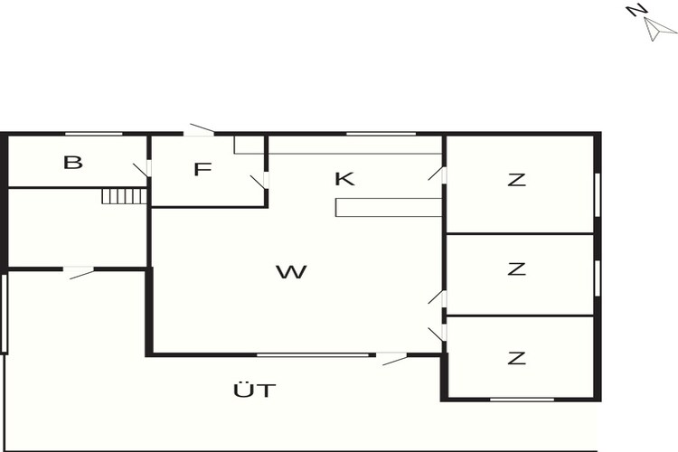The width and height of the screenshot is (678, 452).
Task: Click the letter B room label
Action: [x=73, y=163]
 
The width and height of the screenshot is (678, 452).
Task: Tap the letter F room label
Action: [x=202, y=169]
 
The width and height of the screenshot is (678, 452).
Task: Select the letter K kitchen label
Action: [x=344, y=179]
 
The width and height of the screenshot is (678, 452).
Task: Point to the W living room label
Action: [x=291, y=272]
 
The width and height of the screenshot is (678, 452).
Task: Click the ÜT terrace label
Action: [x=255, y=390]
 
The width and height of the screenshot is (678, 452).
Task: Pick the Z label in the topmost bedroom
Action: [x=517, y=180]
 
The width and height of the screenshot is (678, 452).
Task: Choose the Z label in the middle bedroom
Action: [x=517, y=269]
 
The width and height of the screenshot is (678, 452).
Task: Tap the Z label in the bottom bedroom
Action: [x=517, y=358]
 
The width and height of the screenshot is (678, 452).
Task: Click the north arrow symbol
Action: [x=660, y=30]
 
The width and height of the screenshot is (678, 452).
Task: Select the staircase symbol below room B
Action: [x=125, y=196]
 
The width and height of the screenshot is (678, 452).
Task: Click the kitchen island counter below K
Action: [x=389, y=207]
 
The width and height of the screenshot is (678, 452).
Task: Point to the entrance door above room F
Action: [x=200, y=130]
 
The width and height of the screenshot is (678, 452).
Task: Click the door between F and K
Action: [x=259, y=181]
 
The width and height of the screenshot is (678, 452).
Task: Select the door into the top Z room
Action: [x=438, y=174]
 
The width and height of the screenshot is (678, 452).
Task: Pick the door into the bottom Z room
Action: [x=438, y=334]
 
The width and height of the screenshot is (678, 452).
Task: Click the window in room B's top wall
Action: [x=94, y=135]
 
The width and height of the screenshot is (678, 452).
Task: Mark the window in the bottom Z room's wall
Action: [x=522, y=400]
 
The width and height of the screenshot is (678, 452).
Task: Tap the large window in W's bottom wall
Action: [x=313, y=355]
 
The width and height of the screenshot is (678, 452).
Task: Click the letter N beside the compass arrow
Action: [x=638, y=10]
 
